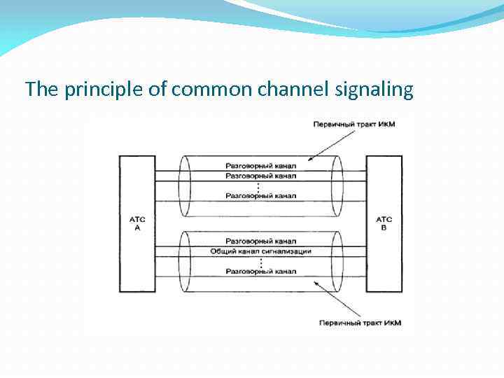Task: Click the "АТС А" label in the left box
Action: [x=136, y=224]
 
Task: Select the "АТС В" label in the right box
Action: [x=384, y=224]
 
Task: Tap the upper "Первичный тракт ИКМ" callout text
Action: [x=354, y=125]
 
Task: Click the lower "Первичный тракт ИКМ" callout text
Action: [x=360, y=323]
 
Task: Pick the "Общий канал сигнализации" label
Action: [x=260, y=251]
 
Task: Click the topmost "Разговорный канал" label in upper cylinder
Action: [x=260, y=166]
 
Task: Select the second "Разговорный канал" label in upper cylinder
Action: [x=260, y=176]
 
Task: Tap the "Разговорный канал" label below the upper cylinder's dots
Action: [x=260, y=196]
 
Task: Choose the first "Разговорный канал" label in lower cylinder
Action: [x=260, y=241]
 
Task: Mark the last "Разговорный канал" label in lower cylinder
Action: [x=260, y=271]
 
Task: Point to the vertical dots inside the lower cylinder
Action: [x=260, y=261]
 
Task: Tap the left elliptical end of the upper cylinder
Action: [x=185, y=186]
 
